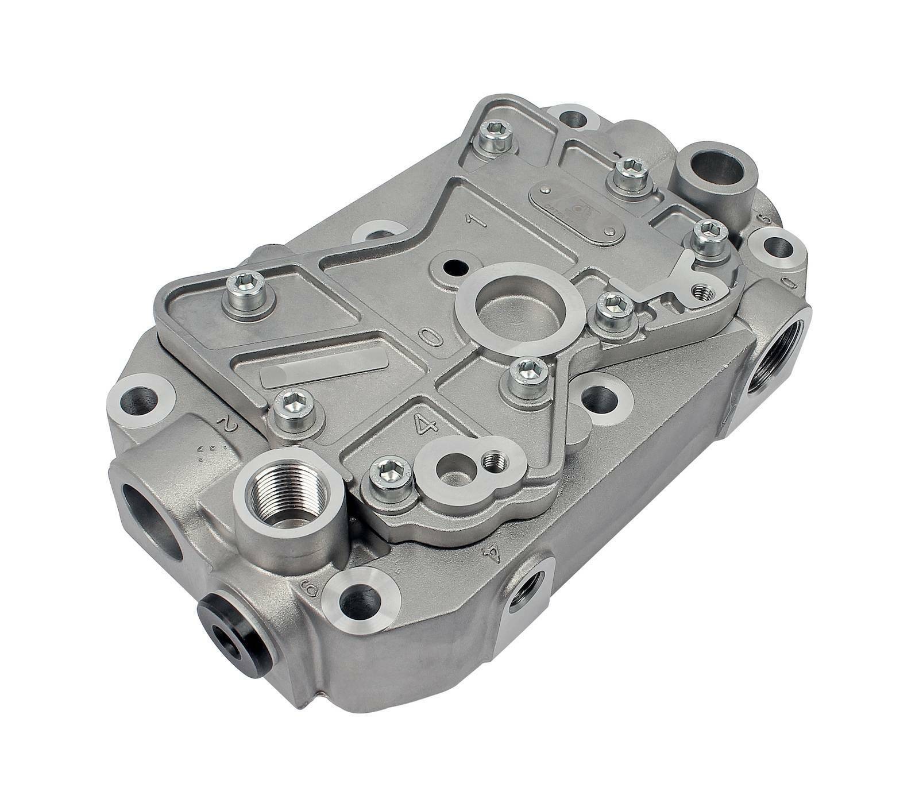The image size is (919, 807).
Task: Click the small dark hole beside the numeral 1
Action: coord(457,266)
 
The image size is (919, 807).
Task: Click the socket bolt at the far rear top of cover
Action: coord(495,137)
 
